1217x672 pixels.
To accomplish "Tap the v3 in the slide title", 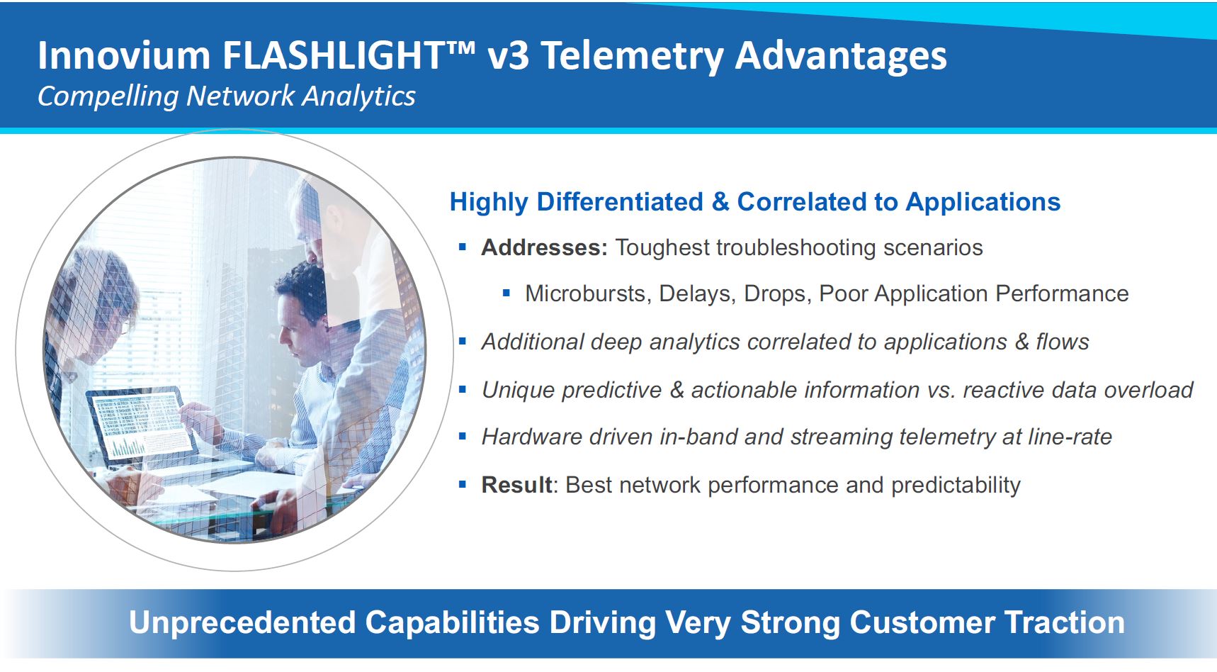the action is pyautogui.click(x=508, y=56).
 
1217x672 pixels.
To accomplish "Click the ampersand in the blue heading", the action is pyautogui.click(x=720, y=202).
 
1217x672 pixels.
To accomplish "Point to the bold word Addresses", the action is pyautogui.click(x=544, y=247).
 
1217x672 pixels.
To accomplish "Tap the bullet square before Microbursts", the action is pyautogui.click(x=506, y=293).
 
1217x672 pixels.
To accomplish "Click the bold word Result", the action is pyautogui.click(x=516, y=485).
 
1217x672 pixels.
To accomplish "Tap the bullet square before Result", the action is pyautogui.click(x=463, y=485).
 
